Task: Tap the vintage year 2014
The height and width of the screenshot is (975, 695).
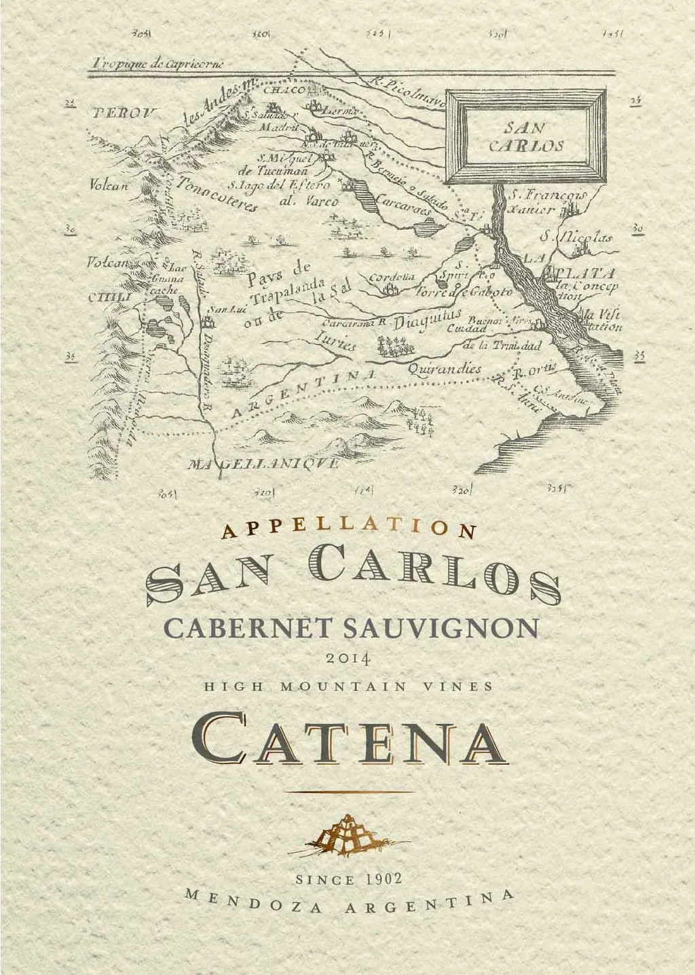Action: [x=347, y=658]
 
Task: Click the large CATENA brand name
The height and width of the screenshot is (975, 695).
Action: [x=348, y=739]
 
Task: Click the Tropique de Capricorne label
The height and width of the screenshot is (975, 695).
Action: [x=160, y=65]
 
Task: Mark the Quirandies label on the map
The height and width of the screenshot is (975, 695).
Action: [x=445, y=369]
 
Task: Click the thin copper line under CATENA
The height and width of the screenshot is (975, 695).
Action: [x=348, y=792]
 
